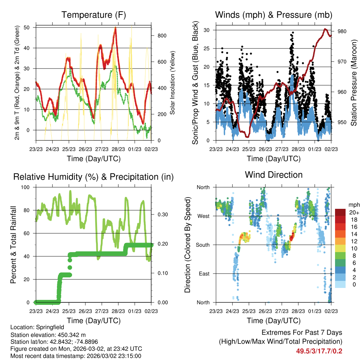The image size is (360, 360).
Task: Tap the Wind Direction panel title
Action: (274, 174)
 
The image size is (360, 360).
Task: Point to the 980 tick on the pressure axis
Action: (342, 31)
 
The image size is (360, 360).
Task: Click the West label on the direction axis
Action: (202, 216)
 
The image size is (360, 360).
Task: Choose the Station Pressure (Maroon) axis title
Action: (354, 82)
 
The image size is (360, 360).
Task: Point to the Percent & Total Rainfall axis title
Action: (13, 245)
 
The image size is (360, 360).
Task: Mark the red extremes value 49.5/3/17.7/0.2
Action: (319, 351)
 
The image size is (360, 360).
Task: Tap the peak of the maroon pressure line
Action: (325, 29)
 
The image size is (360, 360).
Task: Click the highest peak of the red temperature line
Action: (115, 28)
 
